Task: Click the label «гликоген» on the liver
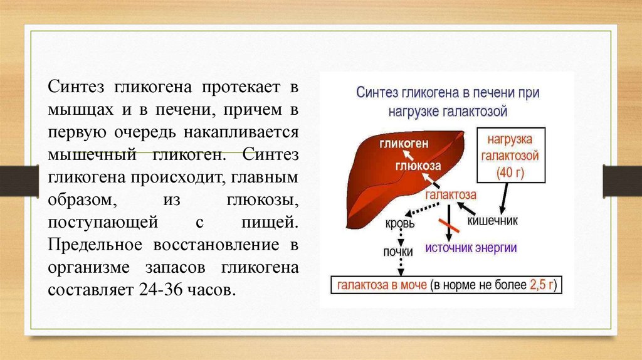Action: [403, 144]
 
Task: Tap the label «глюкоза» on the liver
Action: [418, 166]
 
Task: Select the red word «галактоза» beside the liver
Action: [450, 195]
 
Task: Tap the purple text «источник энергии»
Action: [471, 247]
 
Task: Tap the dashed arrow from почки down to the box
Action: [400, 266]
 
